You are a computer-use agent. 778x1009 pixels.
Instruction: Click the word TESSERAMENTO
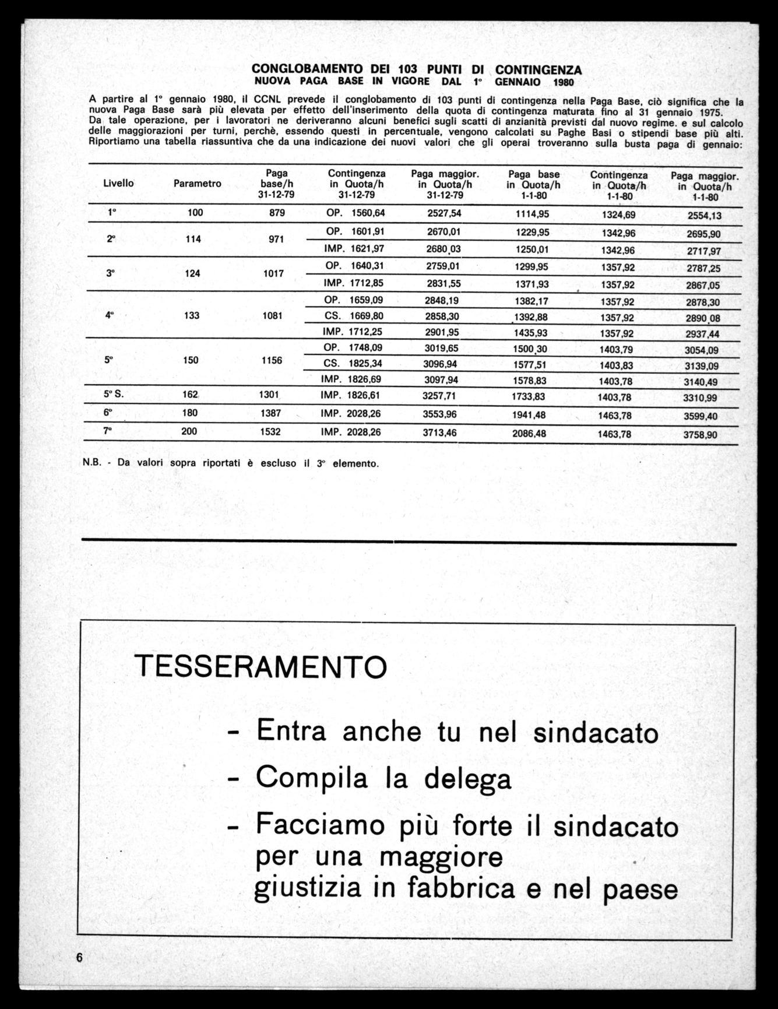260,666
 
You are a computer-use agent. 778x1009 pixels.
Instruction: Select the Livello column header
118,183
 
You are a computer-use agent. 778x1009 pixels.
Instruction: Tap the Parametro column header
198,184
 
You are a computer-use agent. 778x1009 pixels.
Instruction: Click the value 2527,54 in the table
444,213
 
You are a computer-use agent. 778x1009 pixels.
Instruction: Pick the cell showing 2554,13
705,216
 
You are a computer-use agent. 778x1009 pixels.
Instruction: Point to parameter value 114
193,239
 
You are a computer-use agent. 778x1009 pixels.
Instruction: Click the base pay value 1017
273,273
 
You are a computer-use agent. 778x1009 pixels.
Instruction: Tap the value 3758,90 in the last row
700,435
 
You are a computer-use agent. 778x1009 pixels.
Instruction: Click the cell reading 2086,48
530,434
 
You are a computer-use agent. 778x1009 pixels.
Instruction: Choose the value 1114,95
532,214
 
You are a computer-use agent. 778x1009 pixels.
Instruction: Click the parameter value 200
189,431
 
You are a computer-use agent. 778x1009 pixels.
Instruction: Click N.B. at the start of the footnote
93,464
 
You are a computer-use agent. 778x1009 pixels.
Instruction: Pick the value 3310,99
700,399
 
